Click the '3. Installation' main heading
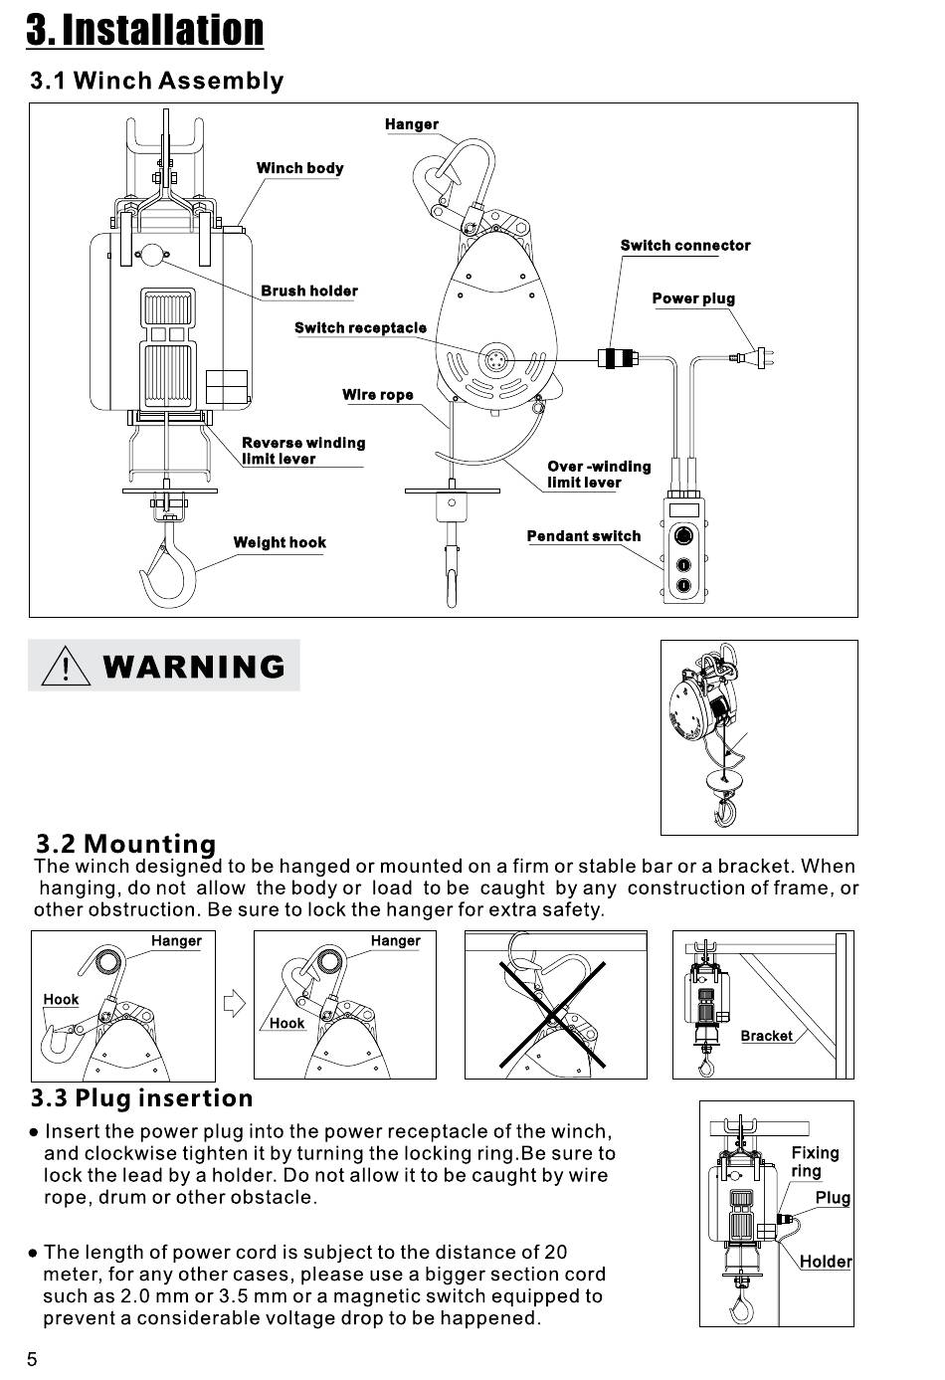145,29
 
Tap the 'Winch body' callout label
299,168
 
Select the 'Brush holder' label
308,291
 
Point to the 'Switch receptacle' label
360,327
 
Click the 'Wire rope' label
377,395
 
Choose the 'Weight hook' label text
280,542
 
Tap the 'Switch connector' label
684,246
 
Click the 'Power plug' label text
693,298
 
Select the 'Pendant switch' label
584,536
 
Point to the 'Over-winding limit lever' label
598,475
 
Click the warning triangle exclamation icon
66,666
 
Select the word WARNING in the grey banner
194,667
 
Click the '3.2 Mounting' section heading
125,845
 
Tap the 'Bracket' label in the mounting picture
766,1036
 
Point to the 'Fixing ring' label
815,1161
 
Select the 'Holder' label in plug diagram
826,1262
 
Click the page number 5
32,1360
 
